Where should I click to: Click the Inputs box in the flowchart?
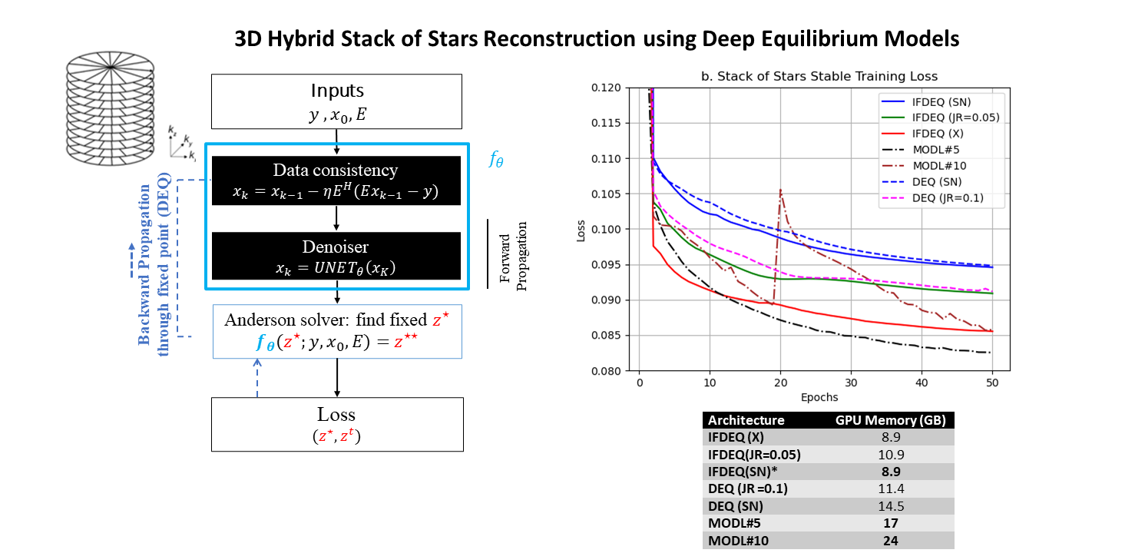(336, 101)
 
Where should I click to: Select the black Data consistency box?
(336, 180)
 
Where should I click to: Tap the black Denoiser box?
(336, 256)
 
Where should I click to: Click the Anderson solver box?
(337, 332)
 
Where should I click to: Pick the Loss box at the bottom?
(337, 424)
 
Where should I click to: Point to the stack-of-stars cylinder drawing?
(111, 108)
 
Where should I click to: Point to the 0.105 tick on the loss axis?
(605, 194)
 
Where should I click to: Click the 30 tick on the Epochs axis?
(851, 383)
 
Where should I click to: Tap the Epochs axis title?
(819, 397)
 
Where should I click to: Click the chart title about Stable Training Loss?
(819, 77)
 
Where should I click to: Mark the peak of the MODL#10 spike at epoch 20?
(780, 190)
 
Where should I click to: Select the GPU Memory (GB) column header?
(890, 420)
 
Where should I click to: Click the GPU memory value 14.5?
(891, 506)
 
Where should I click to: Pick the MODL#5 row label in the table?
(734, 523)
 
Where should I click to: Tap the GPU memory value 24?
(891, 541)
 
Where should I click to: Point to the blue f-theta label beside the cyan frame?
(496, 159)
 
